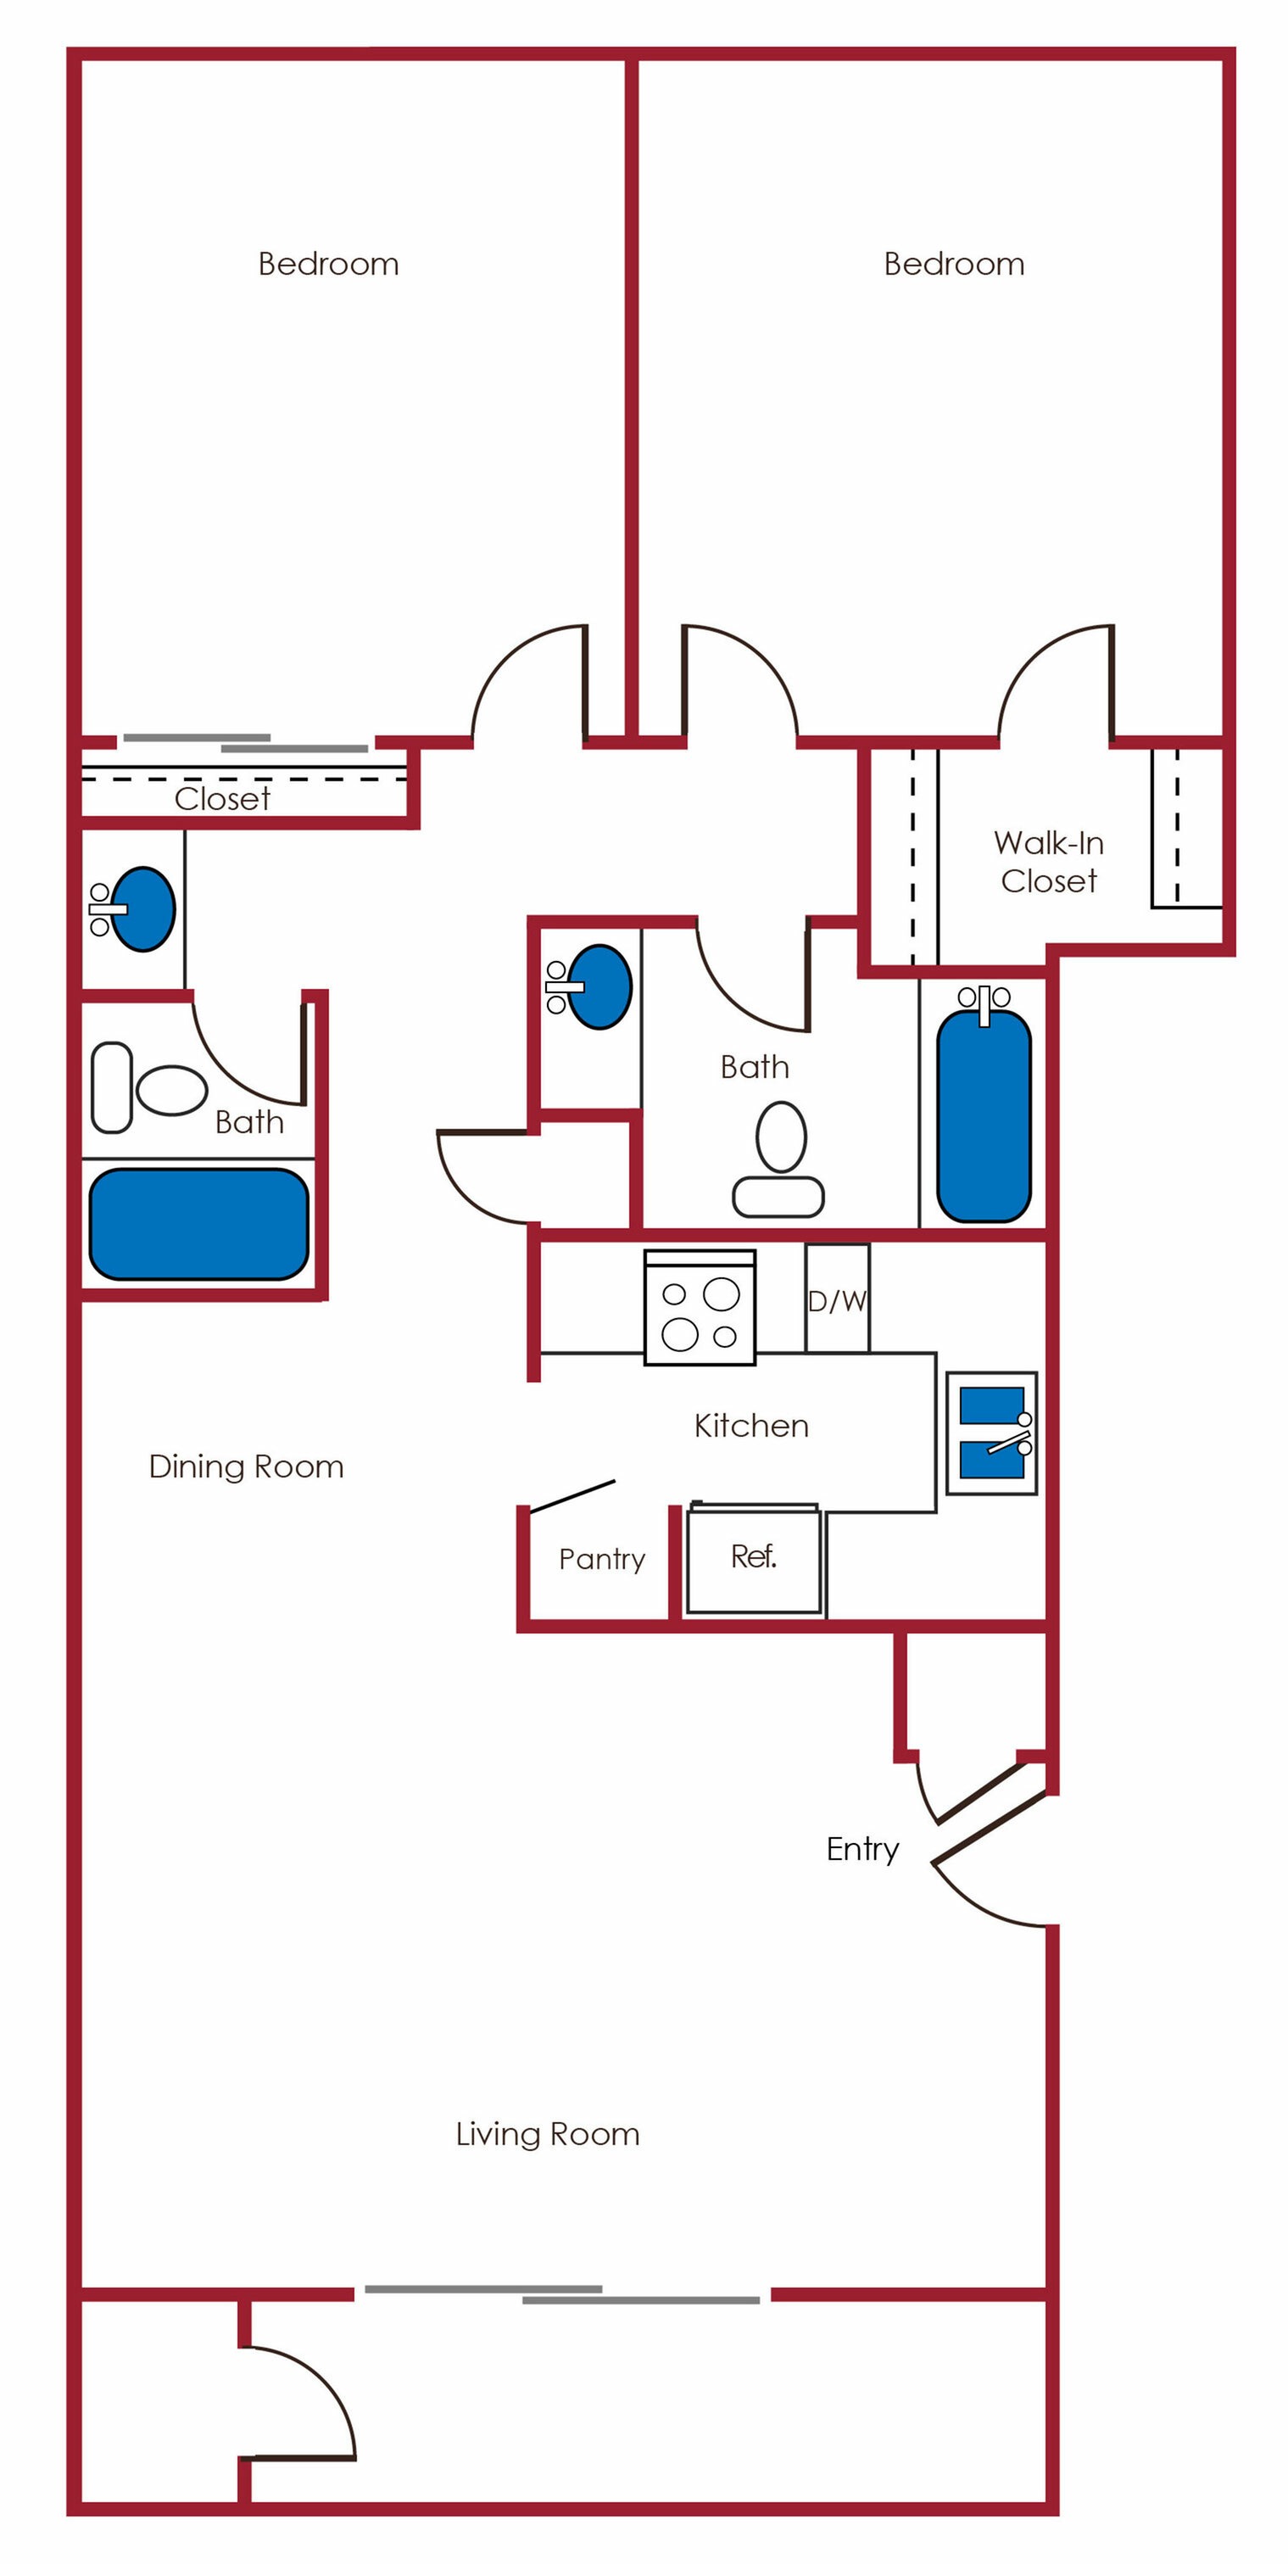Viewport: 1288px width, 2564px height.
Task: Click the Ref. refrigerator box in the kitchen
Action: pyautogui.click(x=754, y=1558)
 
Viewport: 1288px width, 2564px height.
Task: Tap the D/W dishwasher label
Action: pyautogui.click(x=836, y=1301)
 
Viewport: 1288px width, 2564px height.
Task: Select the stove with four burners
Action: pyautogui.click(x=700, y=1308)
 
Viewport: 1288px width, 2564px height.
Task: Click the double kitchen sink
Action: pyautogui.click(x=991, y=1433)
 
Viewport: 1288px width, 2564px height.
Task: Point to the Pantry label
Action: pyautogui.click(x=601, y=1559)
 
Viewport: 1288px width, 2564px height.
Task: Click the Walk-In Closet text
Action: pyautogui.click(x=1048, y=862)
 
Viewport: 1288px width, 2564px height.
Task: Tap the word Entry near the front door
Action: pyautogui.click(x=862, y=1848)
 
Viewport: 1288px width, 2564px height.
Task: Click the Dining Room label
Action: pyautogui.click(x=246, y=1466)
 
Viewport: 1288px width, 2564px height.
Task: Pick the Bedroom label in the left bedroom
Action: pyautogui.click(x=328, y=264)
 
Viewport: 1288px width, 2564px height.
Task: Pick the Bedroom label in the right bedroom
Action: pyautogui.click(x=954, y=264)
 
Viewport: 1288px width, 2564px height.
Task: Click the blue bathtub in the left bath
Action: pyautogui.click(x=199, y=1223)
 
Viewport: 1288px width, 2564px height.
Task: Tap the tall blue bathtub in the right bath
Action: pyautogui.click(x=984, y=1117)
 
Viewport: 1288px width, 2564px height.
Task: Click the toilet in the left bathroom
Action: pyautogui.click(x=149, y=1088)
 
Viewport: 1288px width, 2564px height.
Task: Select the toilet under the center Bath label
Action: pyautogui.click(x=779, y=1159)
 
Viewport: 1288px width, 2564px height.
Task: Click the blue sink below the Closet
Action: pyautogui.click(x=142, y=908)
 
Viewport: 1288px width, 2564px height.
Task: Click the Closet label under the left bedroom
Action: pyautogui.click(x=222, y=798)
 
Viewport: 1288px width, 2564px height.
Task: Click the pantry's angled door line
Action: pyautogui.click(x=572, y=1497)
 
